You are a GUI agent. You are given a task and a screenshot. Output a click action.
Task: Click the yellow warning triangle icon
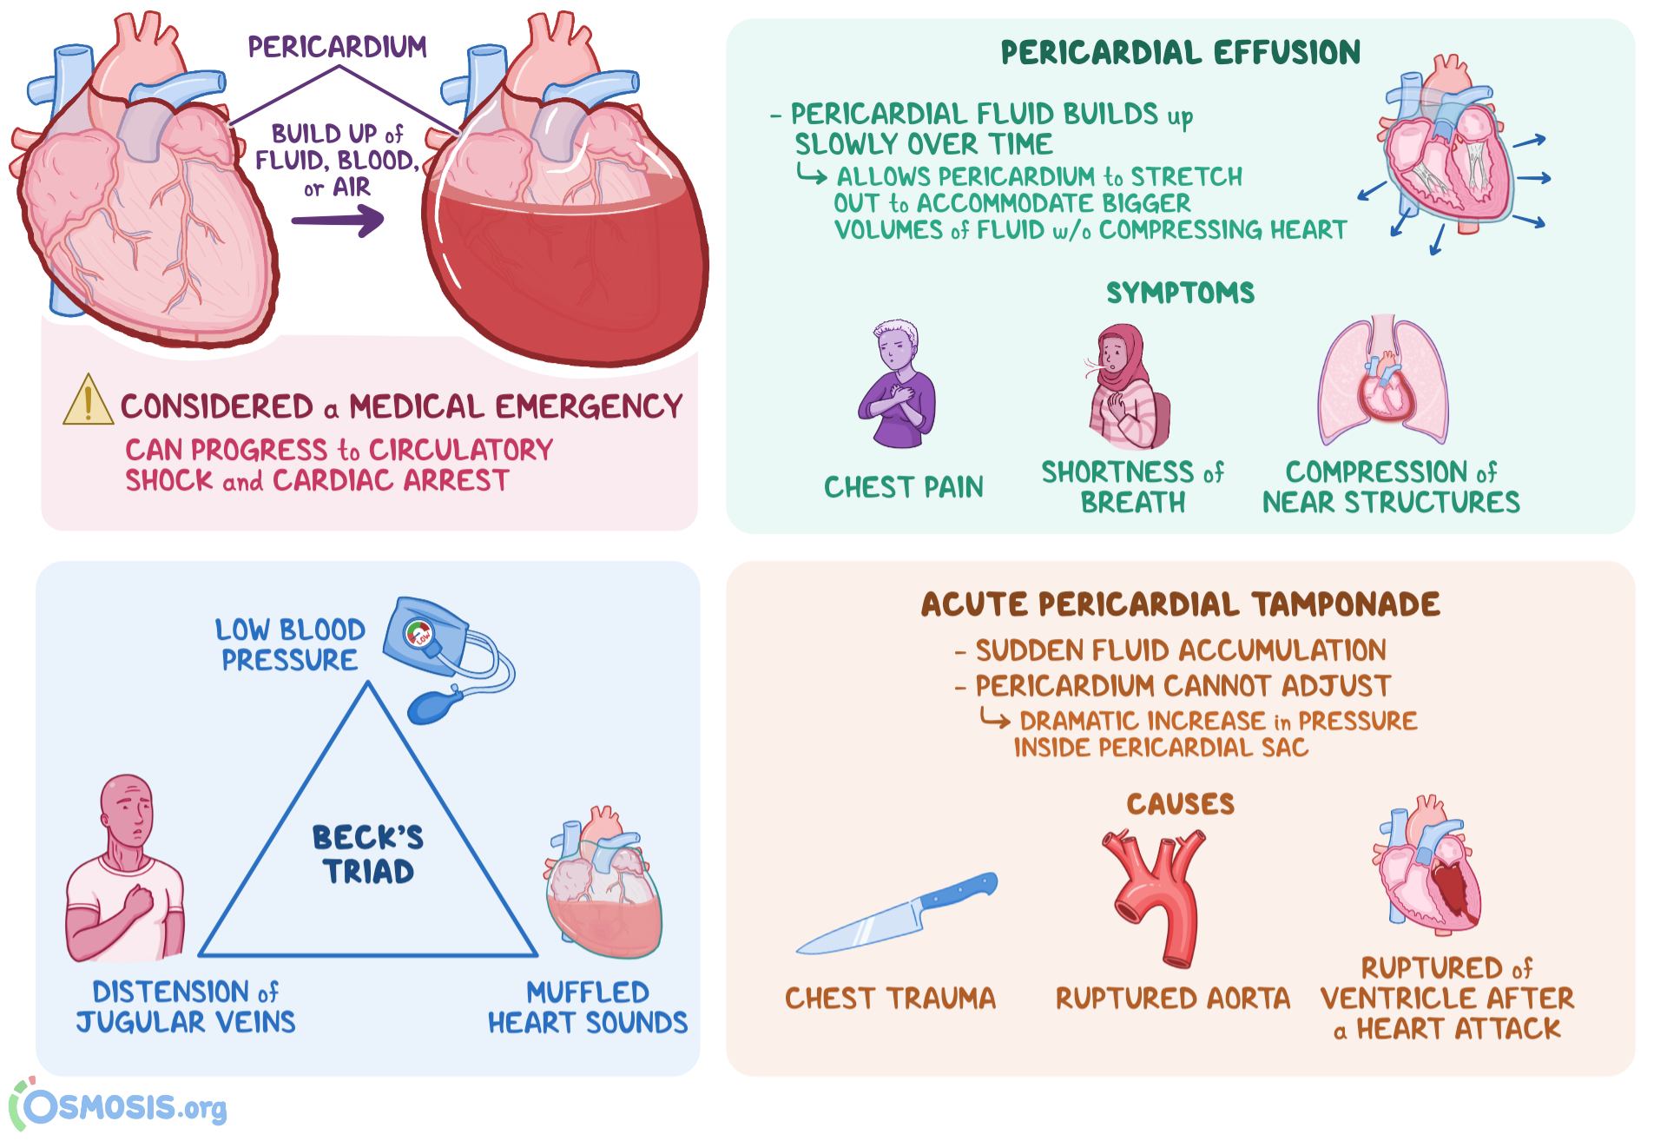(88, 402)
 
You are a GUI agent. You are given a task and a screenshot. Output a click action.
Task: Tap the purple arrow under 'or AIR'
(338, 221)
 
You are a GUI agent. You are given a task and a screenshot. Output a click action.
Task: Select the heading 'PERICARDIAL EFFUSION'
(1180, 53)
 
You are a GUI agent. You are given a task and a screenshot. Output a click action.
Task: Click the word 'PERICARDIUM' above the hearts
(337, 47)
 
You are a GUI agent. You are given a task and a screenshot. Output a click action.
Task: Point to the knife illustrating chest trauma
(897, 914)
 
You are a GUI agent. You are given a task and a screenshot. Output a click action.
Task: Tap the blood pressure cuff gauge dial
(419, 634)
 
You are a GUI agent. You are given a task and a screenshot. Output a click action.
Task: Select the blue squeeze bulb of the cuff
(432, 706)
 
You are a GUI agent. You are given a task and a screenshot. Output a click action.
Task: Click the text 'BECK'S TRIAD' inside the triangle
(368, 854)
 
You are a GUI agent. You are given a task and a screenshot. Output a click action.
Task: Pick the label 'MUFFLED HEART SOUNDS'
(587, 1007)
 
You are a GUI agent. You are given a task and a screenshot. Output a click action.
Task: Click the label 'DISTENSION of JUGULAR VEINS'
(186, 1006)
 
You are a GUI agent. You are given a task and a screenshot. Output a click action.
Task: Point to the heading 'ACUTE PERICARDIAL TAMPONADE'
(1180, 604)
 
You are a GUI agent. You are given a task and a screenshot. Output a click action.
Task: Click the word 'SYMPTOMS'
(1180, 293)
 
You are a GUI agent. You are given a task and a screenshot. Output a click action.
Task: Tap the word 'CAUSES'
(1180, 804)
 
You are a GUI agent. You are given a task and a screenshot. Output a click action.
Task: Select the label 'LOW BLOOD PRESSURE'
(290, 644)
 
